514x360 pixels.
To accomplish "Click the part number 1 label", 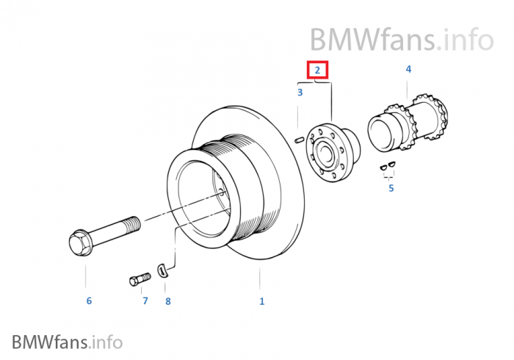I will click(261, 300).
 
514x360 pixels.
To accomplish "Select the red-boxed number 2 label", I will click(317, 71).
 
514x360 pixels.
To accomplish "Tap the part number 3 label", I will click(300, 93).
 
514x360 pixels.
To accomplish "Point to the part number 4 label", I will click(408, 69).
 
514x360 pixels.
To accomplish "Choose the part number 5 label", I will click(391, 188).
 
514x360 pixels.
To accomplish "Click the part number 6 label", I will click(89, 300).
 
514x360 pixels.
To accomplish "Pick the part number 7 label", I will click(145, 300).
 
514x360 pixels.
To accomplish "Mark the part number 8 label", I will click(167, 300).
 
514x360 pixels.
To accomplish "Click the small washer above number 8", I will click(164, 270).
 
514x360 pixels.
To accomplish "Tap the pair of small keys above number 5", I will click(388, 168).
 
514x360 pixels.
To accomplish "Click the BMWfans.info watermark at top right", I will click(401, 37).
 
